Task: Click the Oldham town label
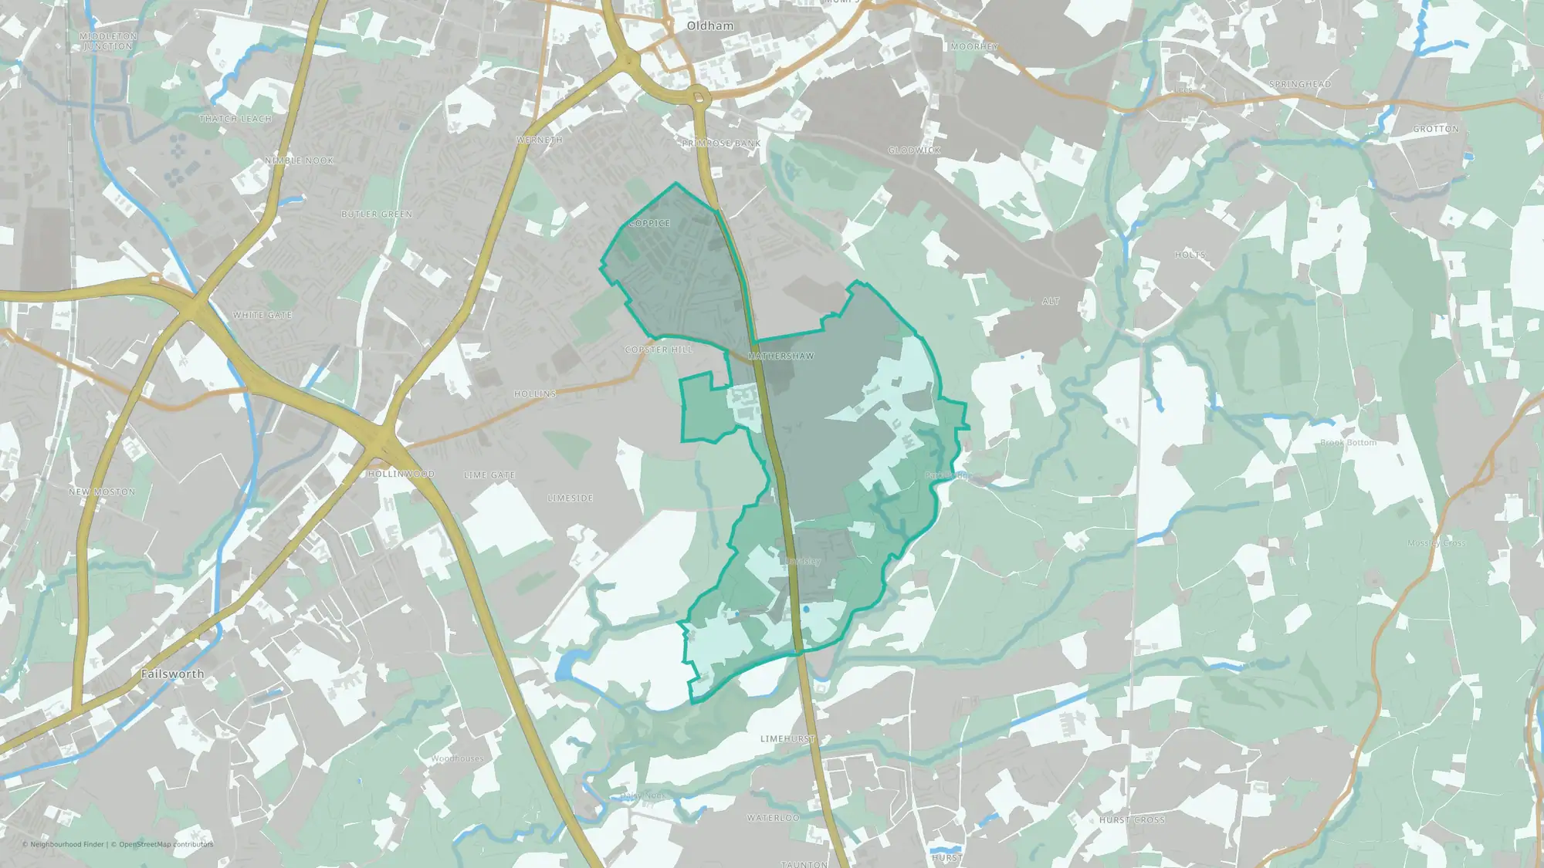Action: [709, 25]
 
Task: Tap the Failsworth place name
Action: [172, 674]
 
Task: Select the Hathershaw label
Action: [780, 356]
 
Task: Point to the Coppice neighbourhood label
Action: [649, 223]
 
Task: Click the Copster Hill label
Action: [659, 350]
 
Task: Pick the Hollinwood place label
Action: [401, 474]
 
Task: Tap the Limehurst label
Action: [787, 738]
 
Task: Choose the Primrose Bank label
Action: [721, 144]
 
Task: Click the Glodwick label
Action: [914, 150]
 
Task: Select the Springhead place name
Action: [1300, 84]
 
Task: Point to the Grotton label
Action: [1436, 129]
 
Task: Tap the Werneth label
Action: [540, 140]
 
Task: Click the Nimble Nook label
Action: [299, 160]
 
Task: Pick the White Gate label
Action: [262, 315]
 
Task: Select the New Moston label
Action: [102, 491]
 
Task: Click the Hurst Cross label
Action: [1132, 819]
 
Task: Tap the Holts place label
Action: [1190, 255]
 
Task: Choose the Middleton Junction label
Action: [108, 41]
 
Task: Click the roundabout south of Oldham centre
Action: [699, 97]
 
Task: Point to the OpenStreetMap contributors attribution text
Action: [166, 844]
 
